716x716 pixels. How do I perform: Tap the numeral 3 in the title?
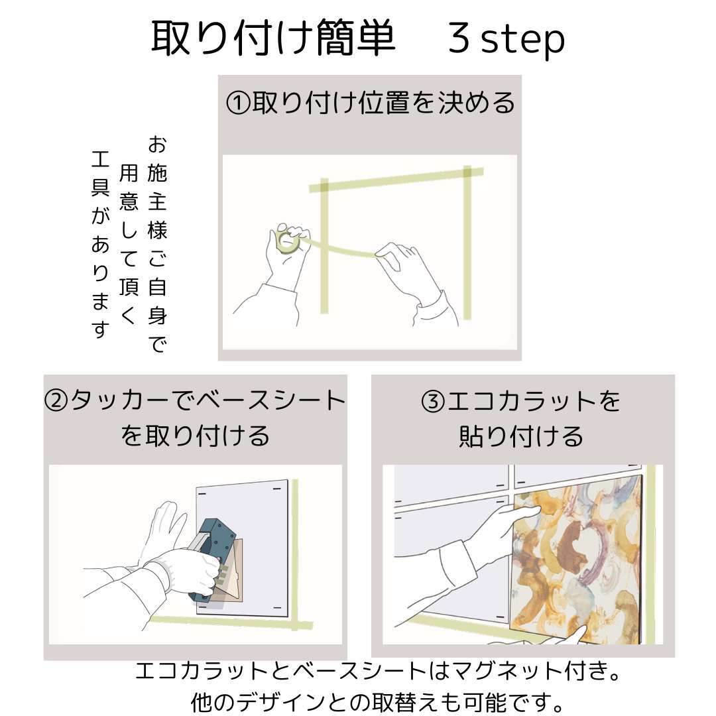(x=459, y=38)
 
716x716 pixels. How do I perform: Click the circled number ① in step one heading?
(x=238, y=103)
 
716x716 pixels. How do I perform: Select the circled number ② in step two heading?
(x=56, y=400)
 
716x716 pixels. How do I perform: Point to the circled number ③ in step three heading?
(x=433, y=402)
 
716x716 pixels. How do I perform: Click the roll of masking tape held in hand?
(x=288, y=241)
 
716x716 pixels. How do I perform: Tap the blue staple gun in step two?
(x=214, y=560)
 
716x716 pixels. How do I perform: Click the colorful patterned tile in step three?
(x=576, y=560)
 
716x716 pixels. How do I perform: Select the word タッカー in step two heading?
(x=121, y=400)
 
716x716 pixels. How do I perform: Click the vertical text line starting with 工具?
(x=101, y=244)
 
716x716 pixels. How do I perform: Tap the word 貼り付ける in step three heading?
(x=521, y=436)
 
